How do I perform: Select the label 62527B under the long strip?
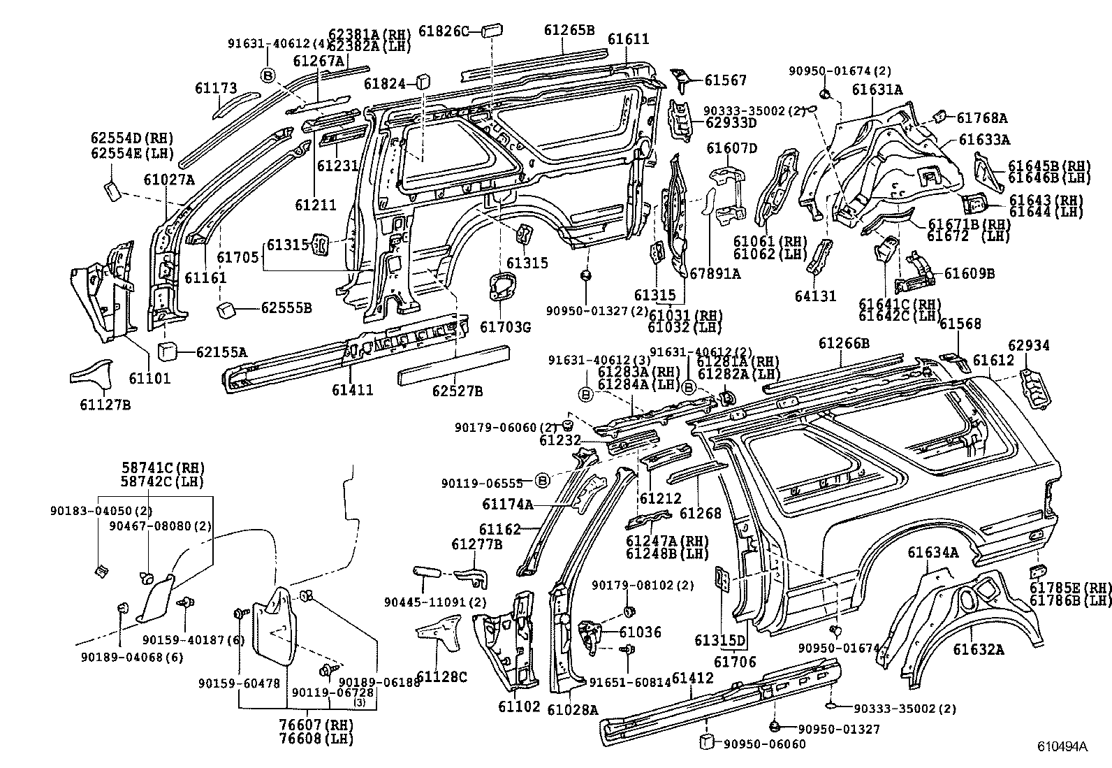457,391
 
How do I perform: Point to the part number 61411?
352,389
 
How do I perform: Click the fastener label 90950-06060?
763,744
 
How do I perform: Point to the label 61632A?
978,649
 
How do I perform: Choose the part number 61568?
960,324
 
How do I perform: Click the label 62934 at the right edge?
1028,345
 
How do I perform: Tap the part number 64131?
815,296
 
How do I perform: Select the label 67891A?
715,274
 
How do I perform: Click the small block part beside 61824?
422,82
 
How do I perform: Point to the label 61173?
216,88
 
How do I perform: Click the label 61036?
640,632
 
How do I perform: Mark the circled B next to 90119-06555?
542,480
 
